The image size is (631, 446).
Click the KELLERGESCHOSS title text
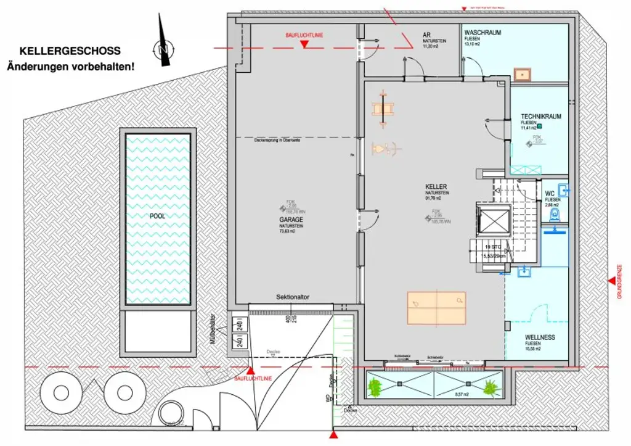click(x=70, y=51)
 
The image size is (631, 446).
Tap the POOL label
click(x=157, y=217)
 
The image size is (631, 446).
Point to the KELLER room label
click(x=436, y=186)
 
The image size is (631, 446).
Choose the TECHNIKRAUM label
click(x=540, y=116)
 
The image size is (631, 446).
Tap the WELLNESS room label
click(x=540, y=337)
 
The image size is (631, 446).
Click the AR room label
click(x=426, y=35)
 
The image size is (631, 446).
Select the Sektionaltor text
click(x=292, y=297)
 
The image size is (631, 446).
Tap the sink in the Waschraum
click(x=523, y=74)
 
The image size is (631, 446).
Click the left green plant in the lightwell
click(x=375, y=388)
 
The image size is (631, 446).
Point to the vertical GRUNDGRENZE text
click(x=619, y=282)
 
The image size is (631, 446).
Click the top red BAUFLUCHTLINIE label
click(x=303, y=36)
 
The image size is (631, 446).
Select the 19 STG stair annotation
click(x=491, y=247)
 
